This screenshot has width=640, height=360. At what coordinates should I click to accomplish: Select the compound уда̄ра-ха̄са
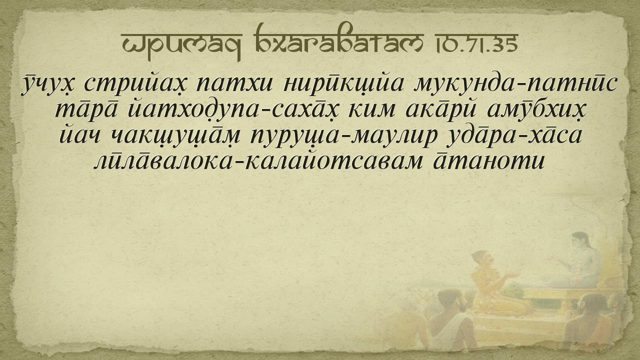coord(514,136)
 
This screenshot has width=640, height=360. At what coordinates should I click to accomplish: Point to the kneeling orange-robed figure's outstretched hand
coord(514,275)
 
